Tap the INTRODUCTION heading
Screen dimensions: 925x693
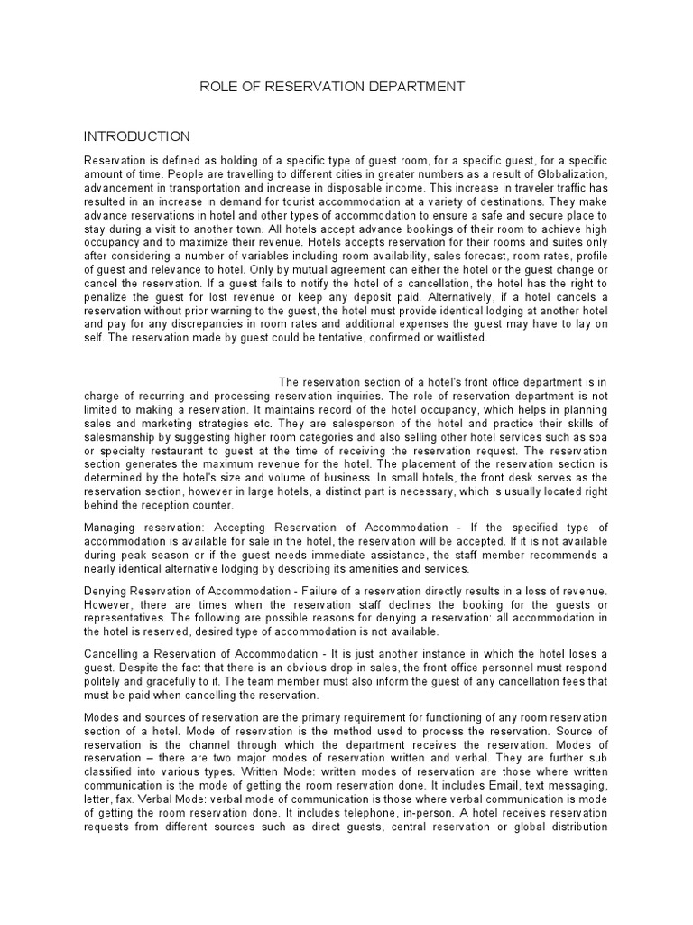point(137,136)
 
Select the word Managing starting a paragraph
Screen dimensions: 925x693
point(110,528)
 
